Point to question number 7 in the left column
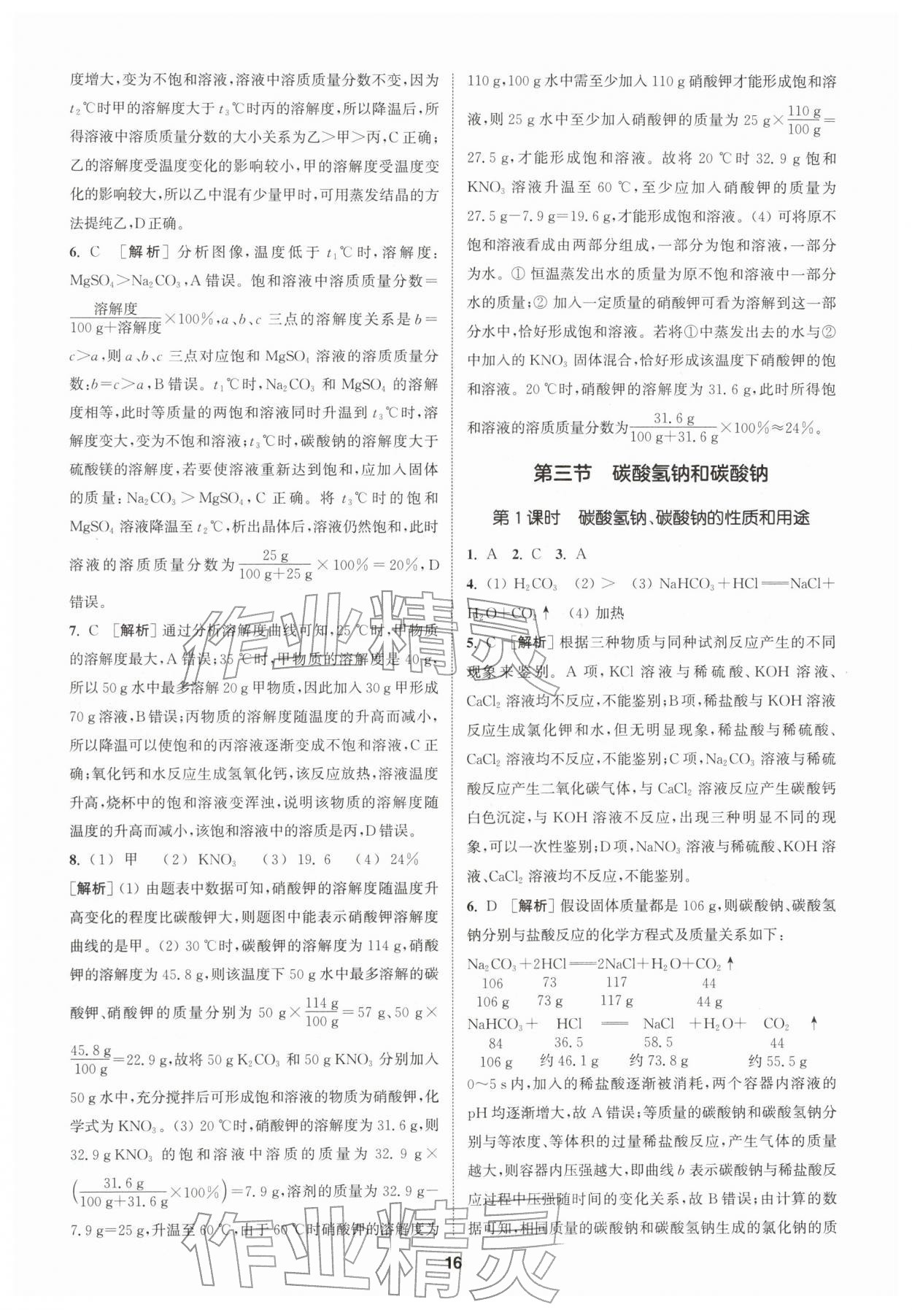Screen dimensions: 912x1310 [74, 631]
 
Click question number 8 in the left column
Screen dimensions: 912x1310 [74, 859]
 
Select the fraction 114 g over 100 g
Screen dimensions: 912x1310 [316, 1012]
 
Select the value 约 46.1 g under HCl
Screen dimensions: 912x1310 [570, 1061]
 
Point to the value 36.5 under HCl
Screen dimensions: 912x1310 [568, 1043]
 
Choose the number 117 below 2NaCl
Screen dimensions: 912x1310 [617, 982]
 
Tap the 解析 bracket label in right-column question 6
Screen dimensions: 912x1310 [530, 906]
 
